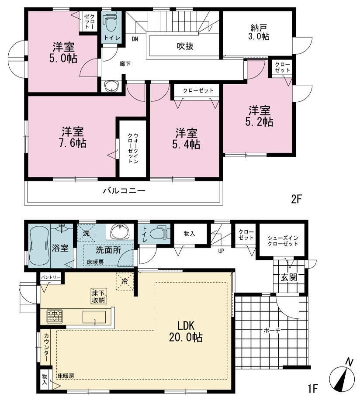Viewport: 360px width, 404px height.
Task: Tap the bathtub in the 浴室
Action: [x=39, y=247]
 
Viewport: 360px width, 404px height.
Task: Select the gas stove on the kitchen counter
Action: [x=55, y=316]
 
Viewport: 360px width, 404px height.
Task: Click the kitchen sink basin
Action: [x=94, y=317]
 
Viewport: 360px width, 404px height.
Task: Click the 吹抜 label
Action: [x=185, y=46]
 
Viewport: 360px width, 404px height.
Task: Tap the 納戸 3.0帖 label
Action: [x=259, y=32]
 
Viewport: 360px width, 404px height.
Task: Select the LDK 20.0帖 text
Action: [x=186, y=332]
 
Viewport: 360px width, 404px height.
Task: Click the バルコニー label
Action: [x=125, y=191]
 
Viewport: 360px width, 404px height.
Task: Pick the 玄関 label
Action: [x=289, y=277]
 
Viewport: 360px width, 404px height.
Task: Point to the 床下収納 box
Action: [x=98, y=297]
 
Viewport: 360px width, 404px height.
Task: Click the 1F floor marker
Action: [x=313, y=389]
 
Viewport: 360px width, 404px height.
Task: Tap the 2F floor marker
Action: [x=296, y=199]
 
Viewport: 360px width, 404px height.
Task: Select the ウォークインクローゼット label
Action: [x=133, y=148]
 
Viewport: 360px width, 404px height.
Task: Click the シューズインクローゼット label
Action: [x=283, y=241]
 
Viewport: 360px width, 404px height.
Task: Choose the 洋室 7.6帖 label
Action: [x=73, y=137]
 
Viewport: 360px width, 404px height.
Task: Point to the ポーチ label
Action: [x=272, y=330]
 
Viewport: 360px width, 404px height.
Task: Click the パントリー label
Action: [x=51, y=277]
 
